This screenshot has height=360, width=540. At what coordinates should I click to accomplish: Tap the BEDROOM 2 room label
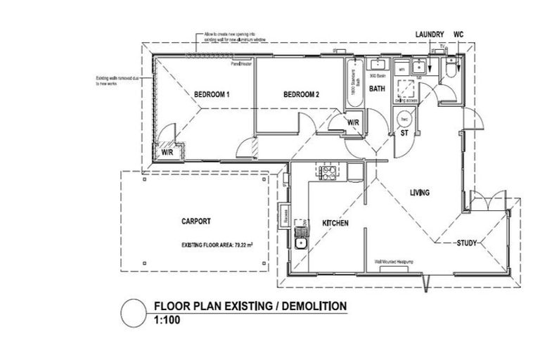[302, 94]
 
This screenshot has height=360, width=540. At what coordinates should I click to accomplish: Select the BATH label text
[377, 89]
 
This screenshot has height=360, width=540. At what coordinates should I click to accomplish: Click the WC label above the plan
[458, 34]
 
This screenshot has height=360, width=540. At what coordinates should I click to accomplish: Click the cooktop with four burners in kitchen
[327, 172]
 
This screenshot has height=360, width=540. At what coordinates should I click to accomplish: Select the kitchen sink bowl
[301, 243]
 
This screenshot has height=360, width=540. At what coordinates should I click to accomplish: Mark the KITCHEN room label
[335, 223]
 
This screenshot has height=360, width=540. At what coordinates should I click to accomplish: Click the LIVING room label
[420, 192]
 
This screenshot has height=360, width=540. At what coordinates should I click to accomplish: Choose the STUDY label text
[467, 243]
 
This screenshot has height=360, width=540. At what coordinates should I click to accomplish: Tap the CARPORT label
[195, 221]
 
